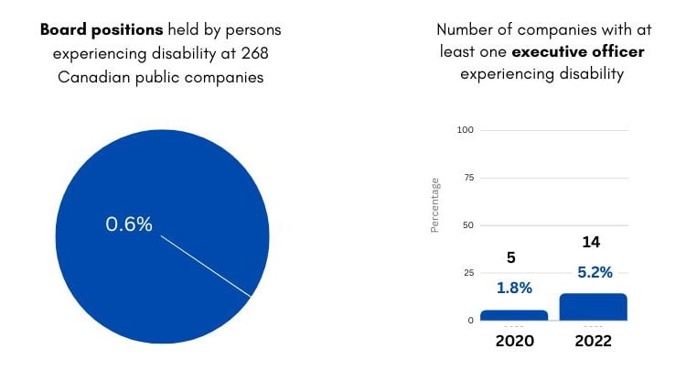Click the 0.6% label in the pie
coord(129,224)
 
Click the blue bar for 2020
coord(513,315)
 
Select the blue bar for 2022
coord(593,307)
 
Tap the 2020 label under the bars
coord(513,341)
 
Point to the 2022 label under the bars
coord(593,341)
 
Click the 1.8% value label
coord(513,288)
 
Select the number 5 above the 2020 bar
coord(511,258)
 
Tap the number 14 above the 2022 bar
coord(591,243)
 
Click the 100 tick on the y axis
coord(466,130)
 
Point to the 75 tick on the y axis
coord(468,178)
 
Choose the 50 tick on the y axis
coord(468,225)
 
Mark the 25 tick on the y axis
coord(468,273)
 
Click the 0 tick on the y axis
coord(471,321)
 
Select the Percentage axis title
coord(435,205)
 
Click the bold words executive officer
coord(591,52)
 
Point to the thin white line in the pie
coord(206,266)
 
